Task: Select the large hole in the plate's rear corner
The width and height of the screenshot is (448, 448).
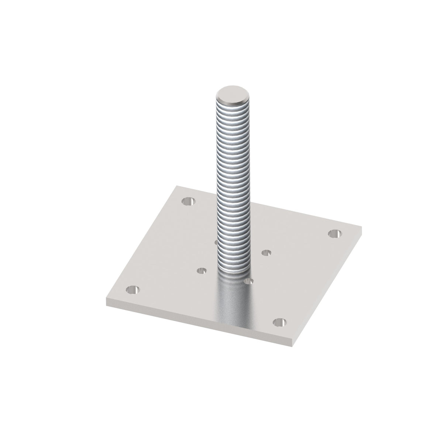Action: [189, 201]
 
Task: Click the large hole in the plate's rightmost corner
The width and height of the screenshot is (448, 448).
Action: [335, 233]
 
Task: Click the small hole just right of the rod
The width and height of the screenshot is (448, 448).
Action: [266, 253]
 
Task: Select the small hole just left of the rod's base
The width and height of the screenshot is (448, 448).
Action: [201, 271]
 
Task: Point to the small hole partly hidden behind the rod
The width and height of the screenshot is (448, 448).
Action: [215, 242]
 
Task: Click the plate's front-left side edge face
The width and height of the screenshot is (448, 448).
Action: [199, 316]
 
